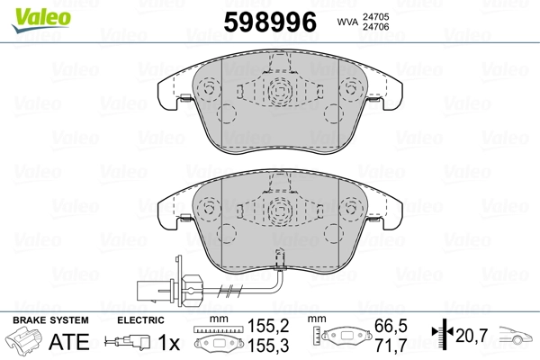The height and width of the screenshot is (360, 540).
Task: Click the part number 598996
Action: click(x=270, y=22)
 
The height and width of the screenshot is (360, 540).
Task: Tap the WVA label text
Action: click(x=347, y=22)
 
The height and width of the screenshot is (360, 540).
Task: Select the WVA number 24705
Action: click(x=375, y=16)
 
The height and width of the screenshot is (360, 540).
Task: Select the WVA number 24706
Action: click(x=375, y=27)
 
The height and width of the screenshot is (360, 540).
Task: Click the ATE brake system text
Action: click(x=69, y=342)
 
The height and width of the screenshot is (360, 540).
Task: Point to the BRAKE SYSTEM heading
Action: click(x=50, y=320)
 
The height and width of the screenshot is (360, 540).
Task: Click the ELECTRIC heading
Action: click(x=140, y=320)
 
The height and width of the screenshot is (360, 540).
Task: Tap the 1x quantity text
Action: click(x=169, y=342)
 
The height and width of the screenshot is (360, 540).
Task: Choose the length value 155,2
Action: click(x=268, y=326)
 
